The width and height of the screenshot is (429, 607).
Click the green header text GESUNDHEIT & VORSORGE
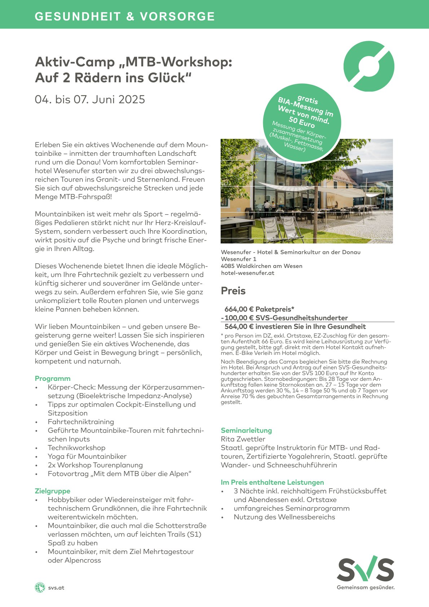click(x=125, y=17)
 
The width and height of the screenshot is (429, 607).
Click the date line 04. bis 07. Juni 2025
click(x=90, y=100)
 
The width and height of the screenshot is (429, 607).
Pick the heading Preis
click(x=233, y=291)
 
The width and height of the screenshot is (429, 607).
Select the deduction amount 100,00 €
click(x=238, y=318)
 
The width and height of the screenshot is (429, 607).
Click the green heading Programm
click(x=53, y=378)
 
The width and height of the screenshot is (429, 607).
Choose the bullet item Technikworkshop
click(x=76, y=448)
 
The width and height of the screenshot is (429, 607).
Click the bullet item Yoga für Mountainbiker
click(x=87, y=456)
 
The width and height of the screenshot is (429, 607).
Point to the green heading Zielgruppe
click(x=53, y=491)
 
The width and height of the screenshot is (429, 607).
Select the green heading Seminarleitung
click(x=246, y=430)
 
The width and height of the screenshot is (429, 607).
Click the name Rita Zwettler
click(x=243, y=439)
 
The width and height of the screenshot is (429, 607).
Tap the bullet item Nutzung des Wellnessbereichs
click(x=284, y=517)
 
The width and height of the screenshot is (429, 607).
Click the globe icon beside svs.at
click(x=40, y=588)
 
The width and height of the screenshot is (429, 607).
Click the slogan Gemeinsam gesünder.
click(x=366, y=588)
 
